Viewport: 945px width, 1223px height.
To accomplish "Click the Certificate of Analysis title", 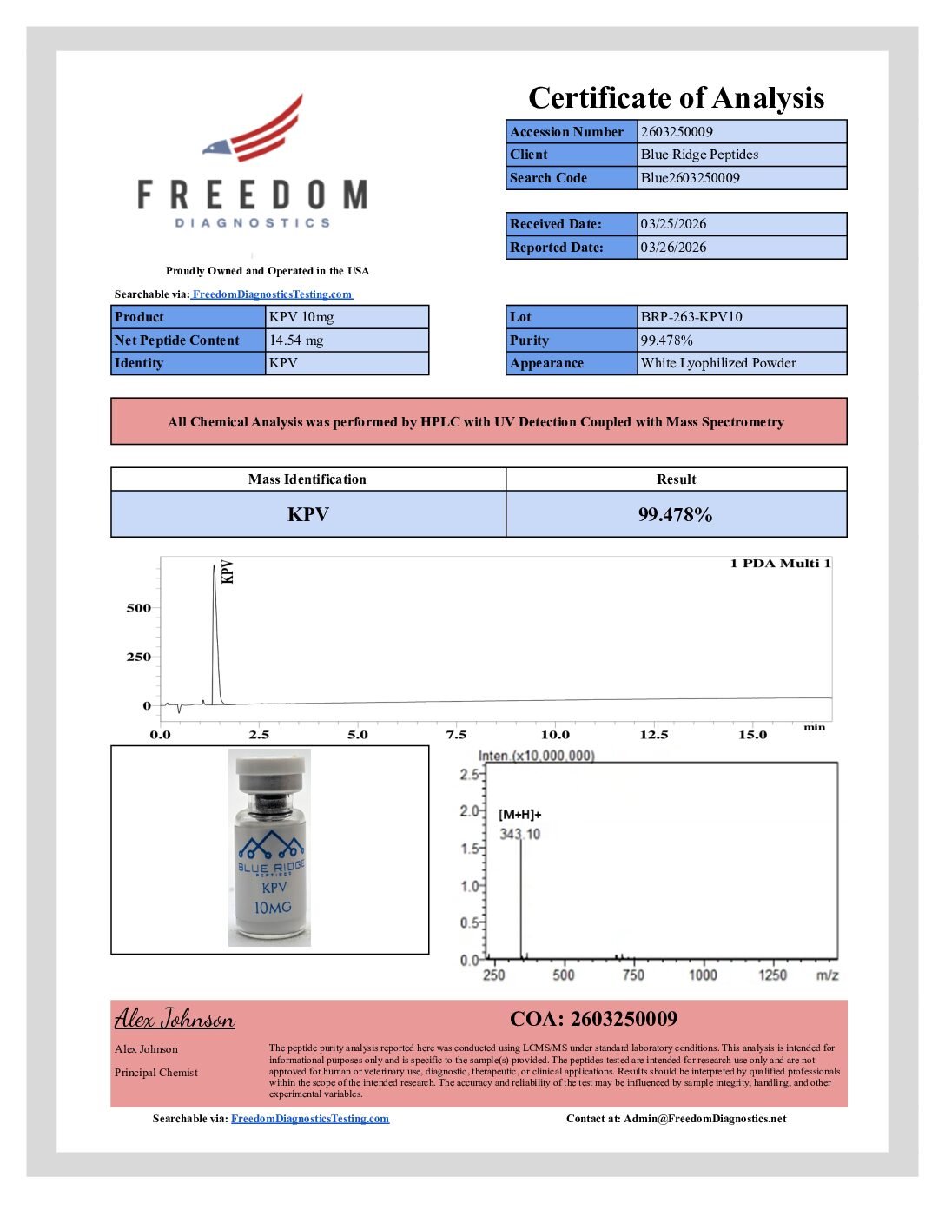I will coord(676,98).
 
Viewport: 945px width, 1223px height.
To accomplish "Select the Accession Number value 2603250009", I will coord(677,132).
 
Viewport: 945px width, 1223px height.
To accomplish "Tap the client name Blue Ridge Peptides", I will coord(699,155).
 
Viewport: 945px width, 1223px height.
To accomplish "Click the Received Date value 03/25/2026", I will coord(673,224).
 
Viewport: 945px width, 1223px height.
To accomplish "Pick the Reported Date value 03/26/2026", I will coord(673,248).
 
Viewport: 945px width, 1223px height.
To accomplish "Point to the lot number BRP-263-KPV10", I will coord(691,317).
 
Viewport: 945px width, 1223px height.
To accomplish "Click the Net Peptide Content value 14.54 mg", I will coord(296,340).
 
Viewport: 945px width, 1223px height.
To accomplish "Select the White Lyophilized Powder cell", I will coord(718,363).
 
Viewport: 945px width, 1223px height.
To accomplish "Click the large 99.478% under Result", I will coord(675,515).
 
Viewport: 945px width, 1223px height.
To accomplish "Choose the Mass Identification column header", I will coord(307,479).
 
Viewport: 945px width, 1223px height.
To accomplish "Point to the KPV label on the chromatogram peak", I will coord(228,572).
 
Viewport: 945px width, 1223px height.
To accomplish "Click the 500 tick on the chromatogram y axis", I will coord(139,608).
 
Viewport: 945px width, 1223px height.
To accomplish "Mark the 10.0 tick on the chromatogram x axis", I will coord(556,735).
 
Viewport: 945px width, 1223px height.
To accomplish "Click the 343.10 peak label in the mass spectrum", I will coord(519,835).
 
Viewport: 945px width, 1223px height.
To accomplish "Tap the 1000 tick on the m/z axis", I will coord(703,975).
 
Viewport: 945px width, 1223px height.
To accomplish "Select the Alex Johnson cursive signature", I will coord(175,1019).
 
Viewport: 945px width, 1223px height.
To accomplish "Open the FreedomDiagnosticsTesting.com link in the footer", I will coord(310,1119).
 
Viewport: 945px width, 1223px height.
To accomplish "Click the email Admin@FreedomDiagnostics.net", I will coord(704,1119).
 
